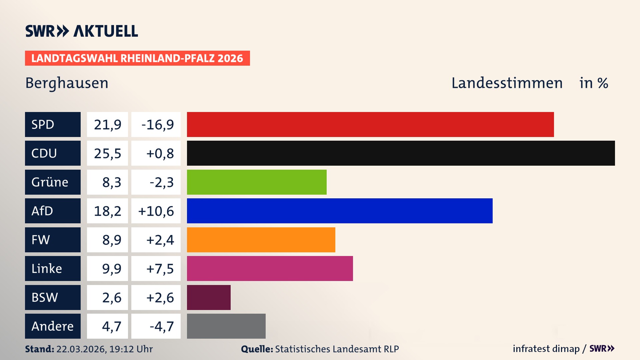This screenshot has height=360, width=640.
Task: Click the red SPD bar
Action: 370,124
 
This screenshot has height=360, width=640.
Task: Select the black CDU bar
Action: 401,153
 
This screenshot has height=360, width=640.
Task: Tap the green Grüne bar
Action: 257,182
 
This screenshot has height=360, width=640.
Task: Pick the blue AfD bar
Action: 339,211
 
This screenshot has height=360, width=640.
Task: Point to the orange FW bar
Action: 261,240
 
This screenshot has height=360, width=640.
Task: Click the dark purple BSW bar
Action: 209,297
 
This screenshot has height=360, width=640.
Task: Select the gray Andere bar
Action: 226,326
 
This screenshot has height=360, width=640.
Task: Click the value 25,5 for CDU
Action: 107,153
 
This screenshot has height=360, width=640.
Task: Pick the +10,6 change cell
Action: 156,211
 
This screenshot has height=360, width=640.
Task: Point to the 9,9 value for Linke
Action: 111,269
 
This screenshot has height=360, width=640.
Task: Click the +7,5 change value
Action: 160,269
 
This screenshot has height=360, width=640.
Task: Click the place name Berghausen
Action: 67,83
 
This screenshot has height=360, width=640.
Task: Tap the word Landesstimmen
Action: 507,83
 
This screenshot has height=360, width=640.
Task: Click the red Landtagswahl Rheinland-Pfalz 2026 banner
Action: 137,58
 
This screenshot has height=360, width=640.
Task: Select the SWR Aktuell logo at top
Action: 81,31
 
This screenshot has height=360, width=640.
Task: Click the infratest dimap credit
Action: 546,349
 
